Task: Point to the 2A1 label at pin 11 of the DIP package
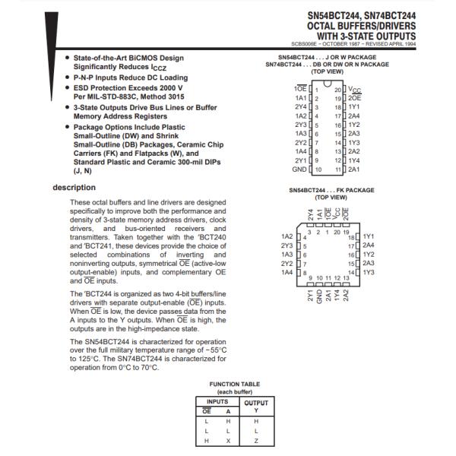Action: tap(354, 169)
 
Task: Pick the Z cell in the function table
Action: tap(256, 439)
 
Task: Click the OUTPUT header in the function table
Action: tap(256, 402)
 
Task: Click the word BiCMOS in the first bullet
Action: tap(144, 57)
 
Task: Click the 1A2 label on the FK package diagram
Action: tap(287, 236)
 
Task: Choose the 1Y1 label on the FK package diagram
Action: tap(369, 236)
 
